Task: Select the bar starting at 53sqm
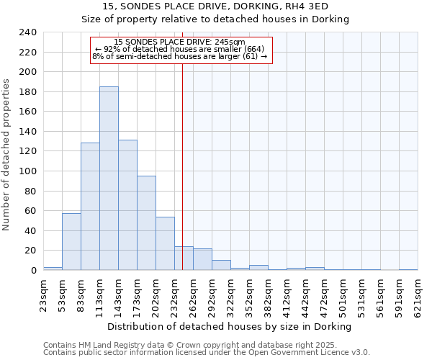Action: coord(71,242)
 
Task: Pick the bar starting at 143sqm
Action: coord(127,205)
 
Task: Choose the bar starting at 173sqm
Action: coord(146,223)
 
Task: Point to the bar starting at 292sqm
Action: coord(221,265)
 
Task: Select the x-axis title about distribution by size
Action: coord(229,326)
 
